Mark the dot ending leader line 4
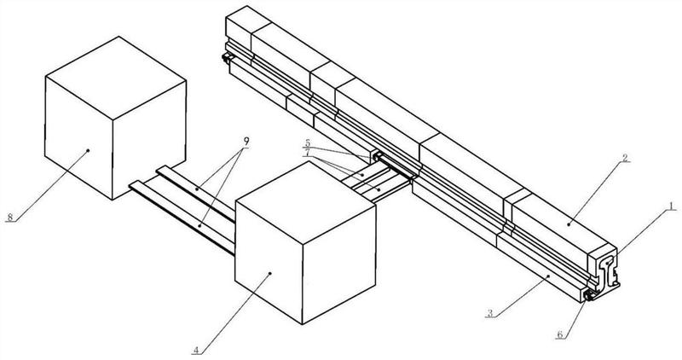click(269, 272)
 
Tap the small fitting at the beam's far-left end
click(228, 57)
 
